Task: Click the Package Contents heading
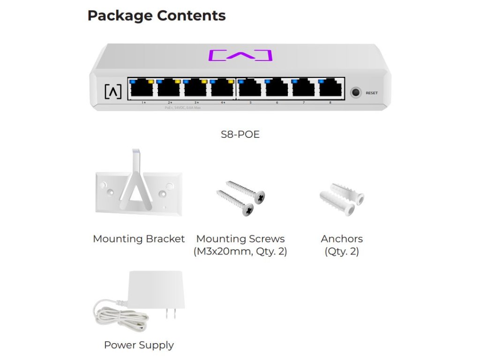coord(157,15)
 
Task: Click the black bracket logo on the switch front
coord(112,91)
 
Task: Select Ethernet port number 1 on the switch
coord(142,89)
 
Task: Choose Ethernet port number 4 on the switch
coord(222,89)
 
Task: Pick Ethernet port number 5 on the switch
coord(250,89)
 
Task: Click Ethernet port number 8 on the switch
coord(330,89)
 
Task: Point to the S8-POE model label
coord(240,135)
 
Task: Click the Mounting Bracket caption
coord(139,239)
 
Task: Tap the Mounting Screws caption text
coord(240,239)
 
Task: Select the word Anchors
coord(342,239)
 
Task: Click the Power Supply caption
coord(139,345)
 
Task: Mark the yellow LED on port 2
coord(177,82)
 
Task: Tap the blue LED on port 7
coord(294,82)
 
